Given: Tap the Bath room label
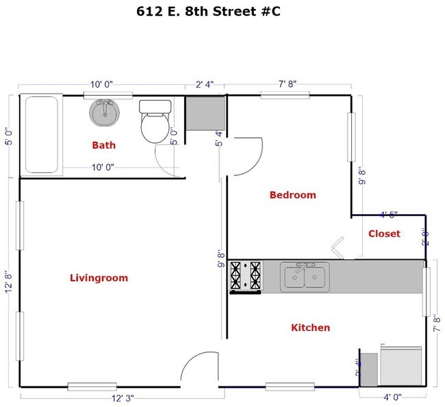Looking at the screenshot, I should [104, 145].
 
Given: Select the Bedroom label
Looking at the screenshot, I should [293, 195].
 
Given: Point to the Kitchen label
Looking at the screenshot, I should [311, 328].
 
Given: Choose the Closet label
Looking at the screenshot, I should [384, 233].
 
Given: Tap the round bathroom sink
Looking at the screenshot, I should [104, 112].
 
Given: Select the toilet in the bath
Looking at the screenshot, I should [154, 122].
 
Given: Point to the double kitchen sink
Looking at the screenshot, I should [305, 276].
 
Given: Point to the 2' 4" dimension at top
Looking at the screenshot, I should [205, 85].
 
